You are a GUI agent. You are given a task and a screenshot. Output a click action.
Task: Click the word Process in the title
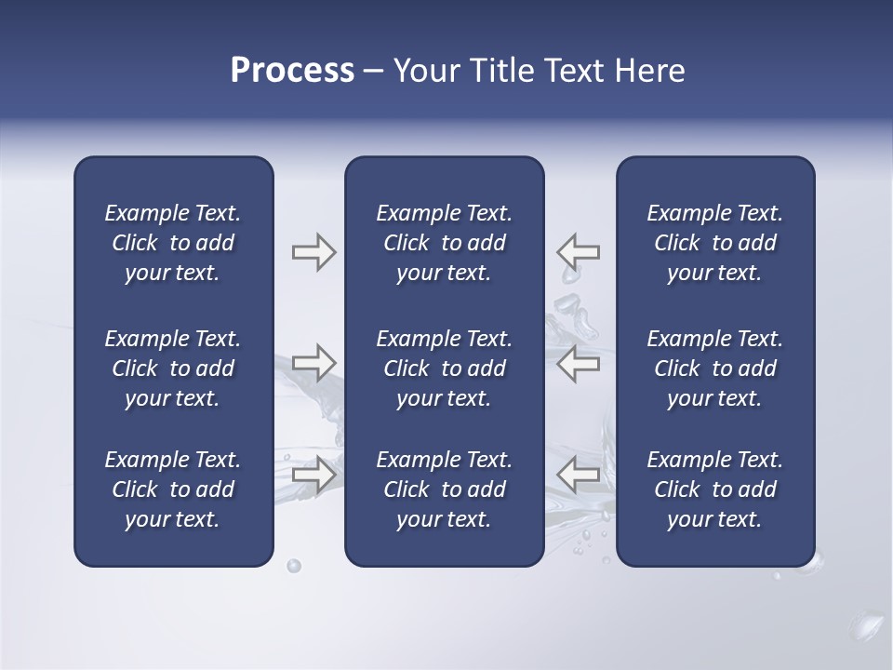(x=292, y=71)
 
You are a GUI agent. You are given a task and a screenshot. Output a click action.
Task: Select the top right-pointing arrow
(x=313, y=252)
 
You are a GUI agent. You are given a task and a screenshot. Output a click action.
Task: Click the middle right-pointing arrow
(x=313, y=363)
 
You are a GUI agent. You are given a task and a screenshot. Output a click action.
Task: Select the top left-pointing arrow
(x=579, y=252)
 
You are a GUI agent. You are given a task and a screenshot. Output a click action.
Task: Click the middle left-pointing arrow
(x=579, y=363)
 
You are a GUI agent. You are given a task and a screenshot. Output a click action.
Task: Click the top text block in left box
(x=173, y=243)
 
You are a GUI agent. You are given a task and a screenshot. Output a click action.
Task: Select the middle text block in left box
(x=173, y=368)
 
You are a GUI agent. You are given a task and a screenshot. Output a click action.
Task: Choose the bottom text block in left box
(x=173, y=489)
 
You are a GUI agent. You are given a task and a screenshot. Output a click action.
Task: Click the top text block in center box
(x=444, y=243)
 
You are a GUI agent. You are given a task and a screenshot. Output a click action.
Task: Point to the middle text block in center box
(x=444, y=368)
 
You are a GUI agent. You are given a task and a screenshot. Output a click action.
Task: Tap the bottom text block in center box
(x=444, y=489)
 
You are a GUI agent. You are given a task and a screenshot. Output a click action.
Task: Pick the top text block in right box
(x=714, y=243)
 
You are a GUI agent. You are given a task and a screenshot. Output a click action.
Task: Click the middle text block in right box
(x=714, y=368)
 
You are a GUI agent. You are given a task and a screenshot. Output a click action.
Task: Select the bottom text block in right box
(x=714, y=489)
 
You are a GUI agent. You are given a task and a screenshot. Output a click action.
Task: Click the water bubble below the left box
(x=294, y=566)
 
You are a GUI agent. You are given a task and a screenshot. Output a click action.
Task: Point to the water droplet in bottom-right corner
(x=869, y=623)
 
